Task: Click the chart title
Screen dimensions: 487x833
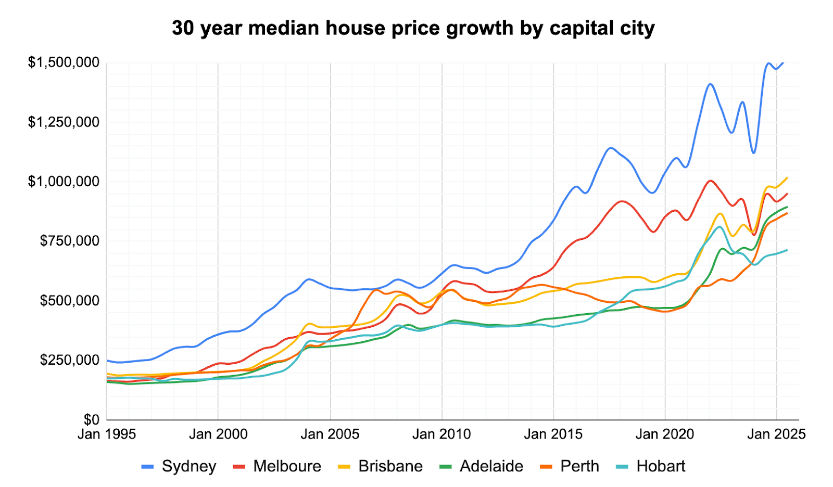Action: pos(413,28)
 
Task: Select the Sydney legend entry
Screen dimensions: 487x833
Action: pos(179,466)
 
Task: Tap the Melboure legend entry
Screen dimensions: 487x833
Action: pos(277,466)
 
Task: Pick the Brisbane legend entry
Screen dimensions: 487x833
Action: pos(381,466)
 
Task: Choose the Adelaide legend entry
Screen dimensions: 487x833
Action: pos(482,466)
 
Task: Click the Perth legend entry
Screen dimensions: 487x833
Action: pos(571,466)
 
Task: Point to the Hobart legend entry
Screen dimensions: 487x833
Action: pos(651,466)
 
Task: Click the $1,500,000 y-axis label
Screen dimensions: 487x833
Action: pos(64,63)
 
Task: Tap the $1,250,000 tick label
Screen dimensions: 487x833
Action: pos(64,122)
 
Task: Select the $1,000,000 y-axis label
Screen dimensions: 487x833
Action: pos(64,182)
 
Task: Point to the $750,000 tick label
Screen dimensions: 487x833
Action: pos(70,241)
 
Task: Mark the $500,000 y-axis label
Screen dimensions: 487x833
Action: pos(70,301)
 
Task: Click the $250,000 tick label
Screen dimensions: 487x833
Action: pos(70,360)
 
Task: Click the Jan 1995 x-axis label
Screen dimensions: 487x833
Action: pos(107,434)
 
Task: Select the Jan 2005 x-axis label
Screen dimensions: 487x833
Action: pos(330,434)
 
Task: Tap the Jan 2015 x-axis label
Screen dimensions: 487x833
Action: pos(553,434)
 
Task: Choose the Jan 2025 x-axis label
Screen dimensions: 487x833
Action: pos(776,434)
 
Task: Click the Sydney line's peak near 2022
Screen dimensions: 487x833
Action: pos(710,84)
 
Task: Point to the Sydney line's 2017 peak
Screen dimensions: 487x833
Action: pos(610,148)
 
